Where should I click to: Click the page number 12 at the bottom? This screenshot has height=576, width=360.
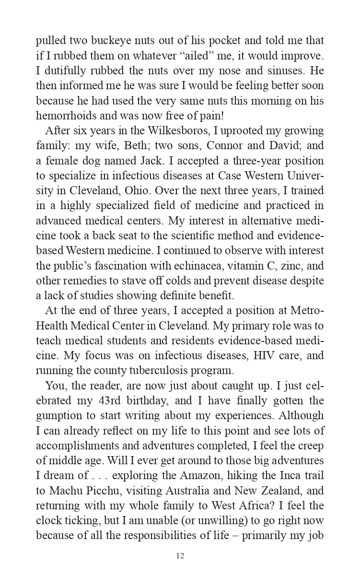point(180,556)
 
